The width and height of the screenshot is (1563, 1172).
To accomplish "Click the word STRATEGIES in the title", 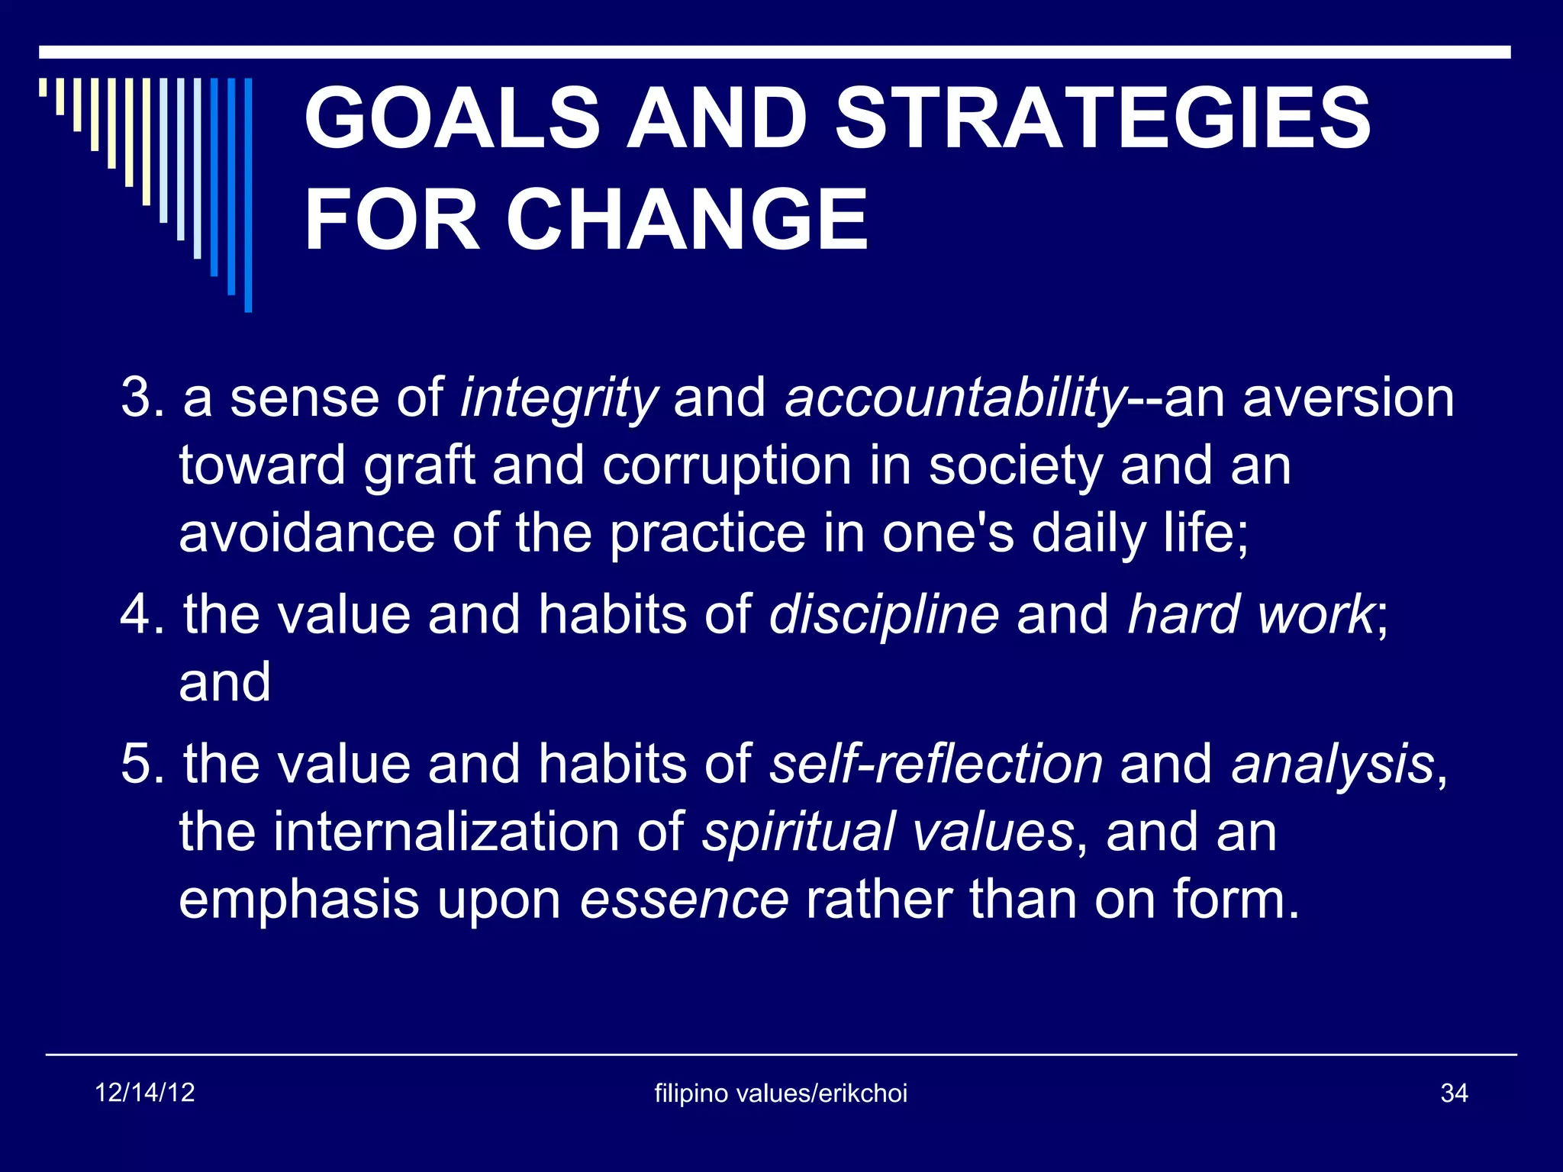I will coord(1103,118).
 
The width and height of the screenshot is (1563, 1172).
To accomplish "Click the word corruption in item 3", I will coord(727,465).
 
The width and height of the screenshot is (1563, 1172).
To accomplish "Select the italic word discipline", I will coord(883,614).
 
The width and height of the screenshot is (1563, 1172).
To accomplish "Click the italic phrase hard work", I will coord(1250,614).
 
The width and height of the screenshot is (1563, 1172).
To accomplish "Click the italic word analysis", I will coord(1333,764).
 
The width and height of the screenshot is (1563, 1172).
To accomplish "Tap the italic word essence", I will coord(684,900).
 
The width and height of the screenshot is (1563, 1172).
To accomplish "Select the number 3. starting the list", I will coord(142,398).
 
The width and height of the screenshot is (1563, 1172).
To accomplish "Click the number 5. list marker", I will coord(142,764).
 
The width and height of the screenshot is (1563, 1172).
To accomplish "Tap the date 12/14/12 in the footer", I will coord(145,1093).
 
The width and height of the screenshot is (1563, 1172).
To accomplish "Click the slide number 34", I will coord(1454,1093).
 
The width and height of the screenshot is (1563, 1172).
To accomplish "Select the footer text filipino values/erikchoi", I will coord(781,1093).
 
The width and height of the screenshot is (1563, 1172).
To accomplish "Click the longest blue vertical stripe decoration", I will coord(248,195).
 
